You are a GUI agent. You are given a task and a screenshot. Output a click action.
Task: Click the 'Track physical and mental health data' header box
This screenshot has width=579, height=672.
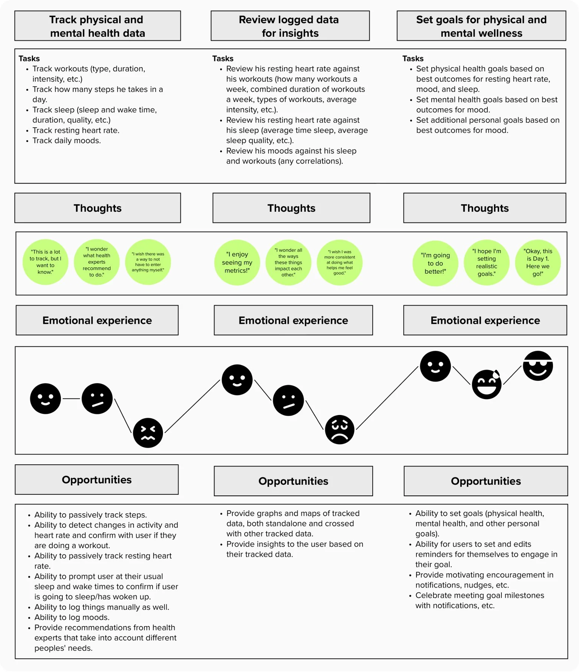tap(98, 26)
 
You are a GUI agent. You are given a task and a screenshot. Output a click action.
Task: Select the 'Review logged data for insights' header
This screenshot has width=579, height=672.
tap(290, 26)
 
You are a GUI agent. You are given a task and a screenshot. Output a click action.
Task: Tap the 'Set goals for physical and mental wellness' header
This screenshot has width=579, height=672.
tap(481, 26)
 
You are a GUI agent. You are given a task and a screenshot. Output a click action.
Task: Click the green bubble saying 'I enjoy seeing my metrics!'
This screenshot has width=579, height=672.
tap(237, 263)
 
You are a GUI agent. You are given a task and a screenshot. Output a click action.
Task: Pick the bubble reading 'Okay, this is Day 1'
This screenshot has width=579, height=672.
tap(538, 263)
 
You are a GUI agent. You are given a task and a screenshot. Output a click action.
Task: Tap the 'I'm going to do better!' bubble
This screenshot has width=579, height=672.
tap(435, 263)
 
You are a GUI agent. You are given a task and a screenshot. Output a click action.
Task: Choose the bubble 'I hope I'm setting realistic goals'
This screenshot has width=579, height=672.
tap(487, 263)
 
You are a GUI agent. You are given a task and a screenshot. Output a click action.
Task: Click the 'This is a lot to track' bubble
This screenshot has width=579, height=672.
tap(45, 262)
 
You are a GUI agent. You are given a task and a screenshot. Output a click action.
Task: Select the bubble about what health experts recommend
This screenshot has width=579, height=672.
tap(96, 262)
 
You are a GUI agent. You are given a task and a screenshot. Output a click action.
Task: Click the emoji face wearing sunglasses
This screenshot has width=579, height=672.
tap(538, 366)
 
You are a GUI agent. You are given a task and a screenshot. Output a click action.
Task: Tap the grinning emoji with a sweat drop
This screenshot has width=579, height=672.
tap(487, 384)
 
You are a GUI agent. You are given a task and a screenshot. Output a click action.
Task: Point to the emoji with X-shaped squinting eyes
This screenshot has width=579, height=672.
tap(148, 433)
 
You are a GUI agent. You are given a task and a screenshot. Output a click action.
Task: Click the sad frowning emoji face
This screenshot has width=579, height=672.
tap(340, 429)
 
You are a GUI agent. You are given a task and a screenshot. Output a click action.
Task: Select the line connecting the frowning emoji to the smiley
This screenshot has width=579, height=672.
tap(387, 398)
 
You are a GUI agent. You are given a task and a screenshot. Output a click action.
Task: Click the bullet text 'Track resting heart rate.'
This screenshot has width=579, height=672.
tap(76, 131)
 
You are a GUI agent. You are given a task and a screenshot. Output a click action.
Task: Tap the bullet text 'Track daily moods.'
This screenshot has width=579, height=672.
tap(66, 141)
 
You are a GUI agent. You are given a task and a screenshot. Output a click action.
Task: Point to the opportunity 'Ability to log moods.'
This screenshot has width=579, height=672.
tap(72, 617)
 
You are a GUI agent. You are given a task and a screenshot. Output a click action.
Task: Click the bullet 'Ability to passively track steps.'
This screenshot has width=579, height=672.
tap(91, 515)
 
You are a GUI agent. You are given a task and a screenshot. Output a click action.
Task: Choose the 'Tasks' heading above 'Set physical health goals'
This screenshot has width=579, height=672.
tap(413, 59)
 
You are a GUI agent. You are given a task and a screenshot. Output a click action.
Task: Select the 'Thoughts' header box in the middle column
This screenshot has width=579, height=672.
tap(291, 208)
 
